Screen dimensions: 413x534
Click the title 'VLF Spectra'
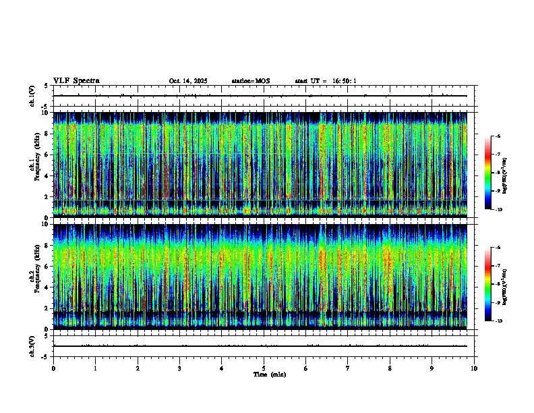(x=76, y=81)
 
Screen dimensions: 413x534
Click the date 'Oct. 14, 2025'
(x=188, y=81)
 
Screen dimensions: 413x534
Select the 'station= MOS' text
(x=250, y=81)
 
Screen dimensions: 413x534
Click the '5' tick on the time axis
(x=264, y=368)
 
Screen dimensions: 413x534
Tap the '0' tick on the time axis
(x=53, y=368)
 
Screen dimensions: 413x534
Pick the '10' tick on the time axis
(x=474, y=368)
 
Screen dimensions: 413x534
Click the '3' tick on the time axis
(x=179, y=368)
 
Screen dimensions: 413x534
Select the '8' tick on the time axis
(x=390, y=368)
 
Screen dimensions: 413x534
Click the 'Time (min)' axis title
(x=269, y=375)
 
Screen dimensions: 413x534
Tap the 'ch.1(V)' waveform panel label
(x=32, y=96)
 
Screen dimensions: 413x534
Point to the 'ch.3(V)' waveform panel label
(x=32, y=346)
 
